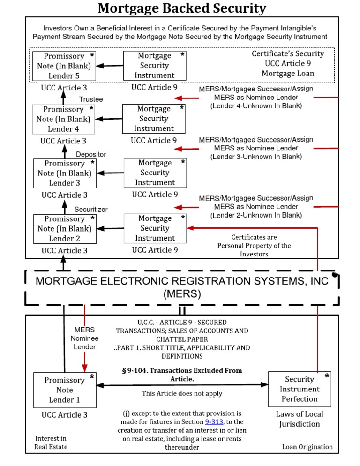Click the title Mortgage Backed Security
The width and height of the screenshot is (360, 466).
pos(182,8)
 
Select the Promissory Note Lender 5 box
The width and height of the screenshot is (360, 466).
pos(64,66)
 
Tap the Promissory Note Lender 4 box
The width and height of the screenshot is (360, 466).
pos(64,119)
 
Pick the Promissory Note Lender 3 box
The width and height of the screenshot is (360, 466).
pos(65,173)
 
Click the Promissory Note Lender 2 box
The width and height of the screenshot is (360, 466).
pos(65,228)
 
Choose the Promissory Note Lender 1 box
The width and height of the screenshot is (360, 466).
pos(65,390)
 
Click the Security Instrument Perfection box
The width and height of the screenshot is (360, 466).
pos(299,389)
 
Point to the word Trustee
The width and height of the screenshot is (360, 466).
pos(91,99)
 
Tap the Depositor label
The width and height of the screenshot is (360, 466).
pos(91,154)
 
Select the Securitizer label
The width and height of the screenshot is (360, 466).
pos(91,210)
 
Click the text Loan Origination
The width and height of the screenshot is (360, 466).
pos(307,446)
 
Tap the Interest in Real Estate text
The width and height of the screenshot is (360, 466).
pos(51,442)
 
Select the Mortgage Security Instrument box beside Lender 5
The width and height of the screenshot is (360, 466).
pos(154,66)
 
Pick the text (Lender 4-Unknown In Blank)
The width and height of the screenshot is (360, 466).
pos(255,106)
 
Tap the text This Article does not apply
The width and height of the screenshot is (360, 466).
pos(182,393)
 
